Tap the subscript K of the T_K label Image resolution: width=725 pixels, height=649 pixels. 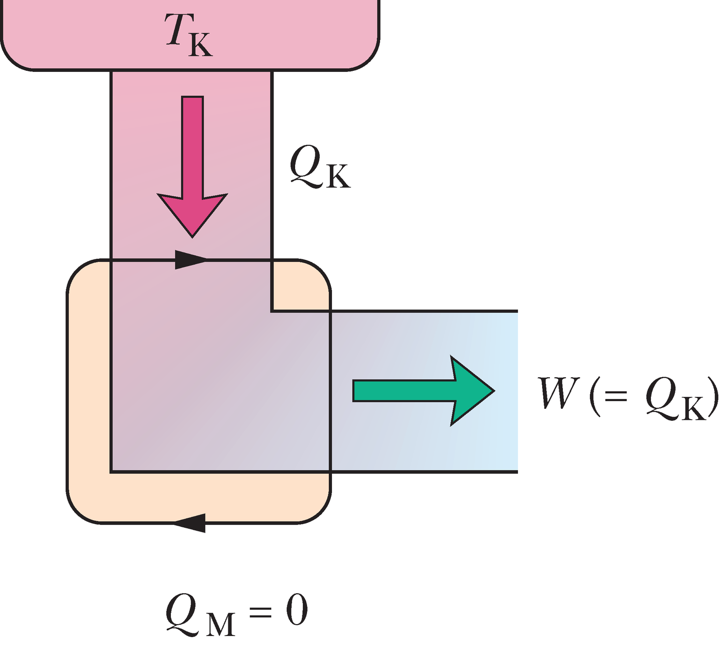200,46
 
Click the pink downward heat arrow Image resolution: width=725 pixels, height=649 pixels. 193,166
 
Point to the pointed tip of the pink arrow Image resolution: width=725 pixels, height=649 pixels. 193,235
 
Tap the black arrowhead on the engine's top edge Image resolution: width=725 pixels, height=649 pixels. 191,259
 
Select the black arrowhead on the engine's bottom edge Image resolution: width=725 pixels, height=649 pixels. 190,523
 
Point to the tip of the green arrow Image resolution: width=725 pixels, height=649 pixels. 493,391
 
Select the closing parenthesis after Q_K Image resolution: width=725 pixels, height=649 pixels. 714,396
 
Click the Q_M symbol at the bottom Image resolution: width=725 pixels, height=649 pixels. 199,613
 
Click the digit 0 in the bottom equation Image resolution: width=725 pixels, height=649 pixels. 296,610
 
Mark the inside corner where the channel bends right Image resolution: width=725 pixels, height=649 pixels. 271,311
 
